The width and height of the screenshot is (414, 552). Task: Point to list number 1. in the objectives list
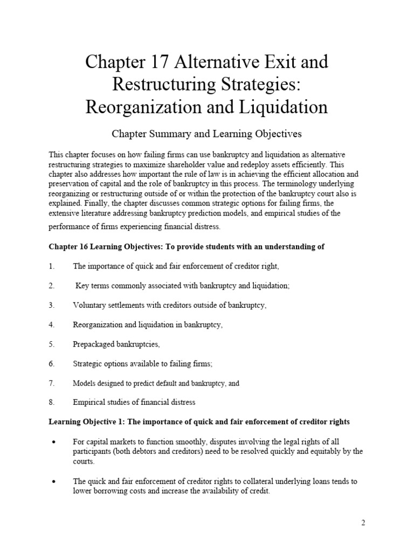(x=52, y=266)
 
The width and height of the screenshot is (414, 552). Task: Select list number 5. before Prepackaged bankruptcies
(x=52, y=344)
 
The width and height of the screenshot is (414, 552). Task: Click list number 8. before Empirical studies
(x=52, y=402)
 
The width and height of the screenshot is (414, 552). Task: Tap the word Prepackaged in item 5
(x=94, y=344)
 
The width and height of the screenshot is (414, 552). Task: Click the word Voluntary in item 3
(x=88, y=305)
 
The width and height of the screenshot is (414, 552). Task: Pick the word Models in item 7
(x=83, y=383)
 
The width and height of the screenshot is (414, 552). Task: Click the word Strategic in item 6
(x=88, y=364)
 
